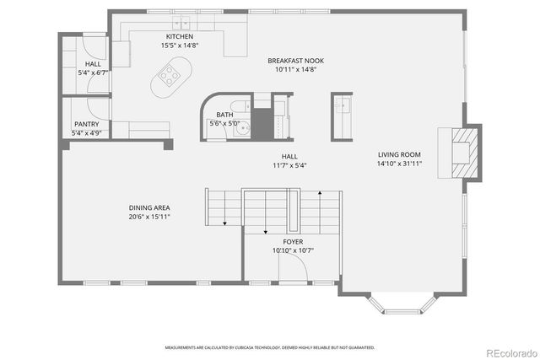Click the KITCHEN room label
pyautogui.click(x=179, y=37)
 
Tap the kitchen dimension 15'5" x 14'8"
pyautogui.click(x=179, y=46)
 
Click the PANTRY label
pyautogui.click(x=86, y=124)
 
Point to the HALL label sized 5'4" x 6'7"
pyautogui.click(x=93, y=64)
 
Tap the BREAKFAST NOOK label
pyautogui.click(x=295, y=61)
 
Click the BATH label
pyautogui.click(x=224, y=115)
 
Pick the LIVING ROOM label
pyautogui.click(x=399, y=154)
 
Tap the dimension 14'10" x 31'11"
pyautogui.click(x=399, y=164)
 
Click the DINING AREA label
pyautogui.click(x=149, y=207)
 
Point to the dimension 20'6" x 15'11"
pyautogui.click(x=149, y=217)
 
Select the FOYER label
pyautogui.click(x=293, y=242)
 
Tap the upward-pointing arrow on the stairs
pyautogui.click(x=320, y=196)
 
